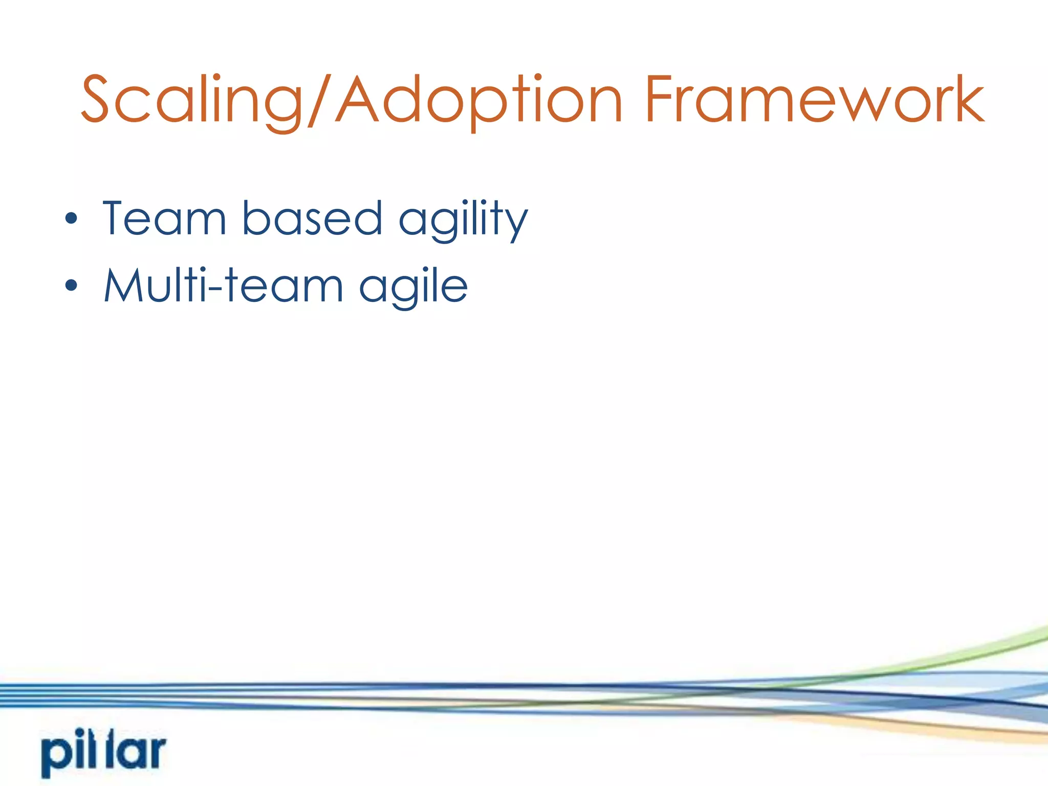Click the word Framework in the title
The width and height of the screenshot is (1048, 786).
[814, 100]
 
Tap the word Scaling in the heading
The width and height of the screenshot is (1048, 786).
[192, 100]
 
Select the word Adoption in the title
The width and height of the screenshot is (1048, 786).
[478, 100]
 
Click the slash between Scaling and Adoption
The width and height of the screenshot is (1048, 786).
[320, 100]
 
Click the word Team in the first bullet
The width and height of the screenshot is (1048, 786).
[164, 219]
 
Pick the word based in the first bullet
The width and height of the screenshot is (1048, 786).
[312, 219]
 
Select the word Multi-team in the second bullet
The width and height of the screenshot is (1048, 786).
[223, 285]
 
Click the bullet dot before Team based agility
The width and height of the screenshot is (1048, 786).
[71, 219]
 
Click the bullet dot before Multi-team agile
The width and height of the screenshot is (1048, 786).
[71, 285]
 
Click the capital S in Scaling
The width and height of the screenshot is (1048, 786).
[96, 100]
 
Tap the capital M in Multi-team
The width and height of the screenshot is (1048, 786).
[125, 285]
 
